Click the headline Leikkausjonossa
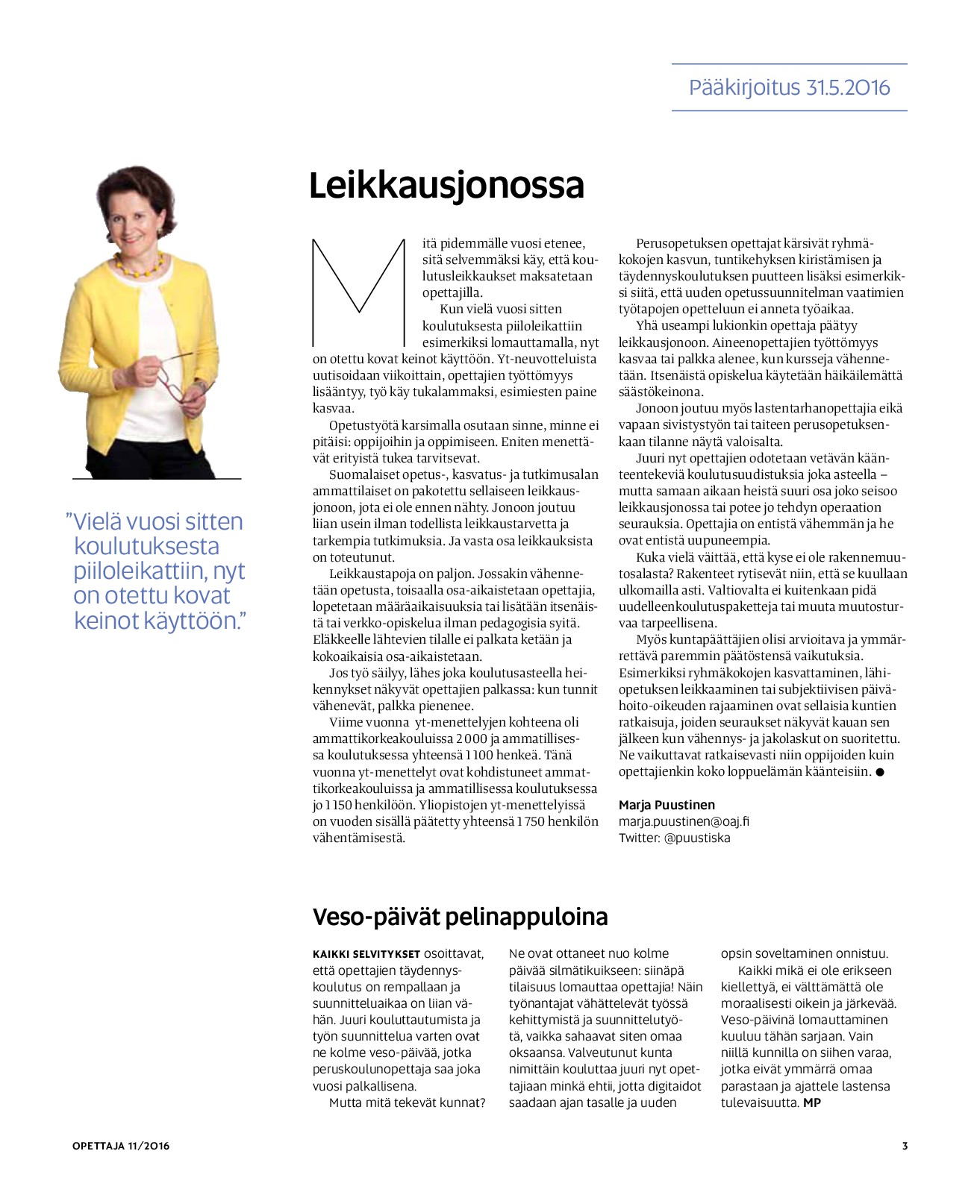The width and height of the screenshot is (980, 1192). coord(446,186)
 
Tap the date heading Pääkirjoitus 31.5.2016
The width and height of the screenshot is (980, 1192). coord(789,88)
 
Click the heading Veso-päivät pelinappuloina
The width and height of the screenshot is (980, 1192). coord(460,917)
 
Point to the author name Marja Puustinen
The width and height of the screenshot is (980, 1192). coord(667,805)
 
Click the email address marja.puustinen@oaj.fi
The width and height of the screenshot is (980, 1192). coord(684,821)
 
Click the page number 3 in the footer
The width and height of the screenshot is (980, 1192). coord(905,1146)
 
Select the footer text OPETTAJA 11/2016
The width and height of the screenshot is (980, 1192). coord(121,1146)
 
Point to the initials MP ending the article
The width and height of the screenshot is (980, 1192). coord(811,1102)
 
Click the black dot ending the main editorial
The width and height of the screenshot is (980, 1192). coord(880,772)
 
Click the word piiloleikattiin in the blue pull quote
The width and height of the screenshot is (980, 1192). coord(139,571)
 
